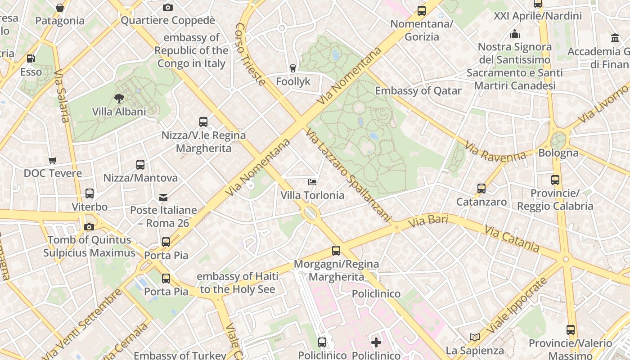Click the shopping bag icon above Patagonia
point(60,8)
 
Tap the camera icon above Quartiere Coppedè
point(168,7)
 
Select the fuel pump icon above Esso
point(31,58)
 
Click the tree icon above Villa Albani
point(119,98)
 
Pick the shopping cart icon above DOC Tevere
point(53,160)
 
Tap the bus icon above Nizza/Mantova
point(140,165)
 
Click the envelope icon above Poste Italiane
point(163,197)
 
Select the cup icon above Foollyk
point(293,68)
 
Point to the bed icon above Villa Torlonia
point(312,182)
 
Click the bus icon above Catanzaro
point(481,189)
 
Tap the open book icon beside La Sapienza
point(474,337)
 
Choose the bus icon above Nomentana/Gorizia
point(422,11)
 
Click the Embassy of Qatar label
point(418,91)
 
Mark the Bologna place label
point(558,153)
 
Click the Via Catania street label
point(512,239)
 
